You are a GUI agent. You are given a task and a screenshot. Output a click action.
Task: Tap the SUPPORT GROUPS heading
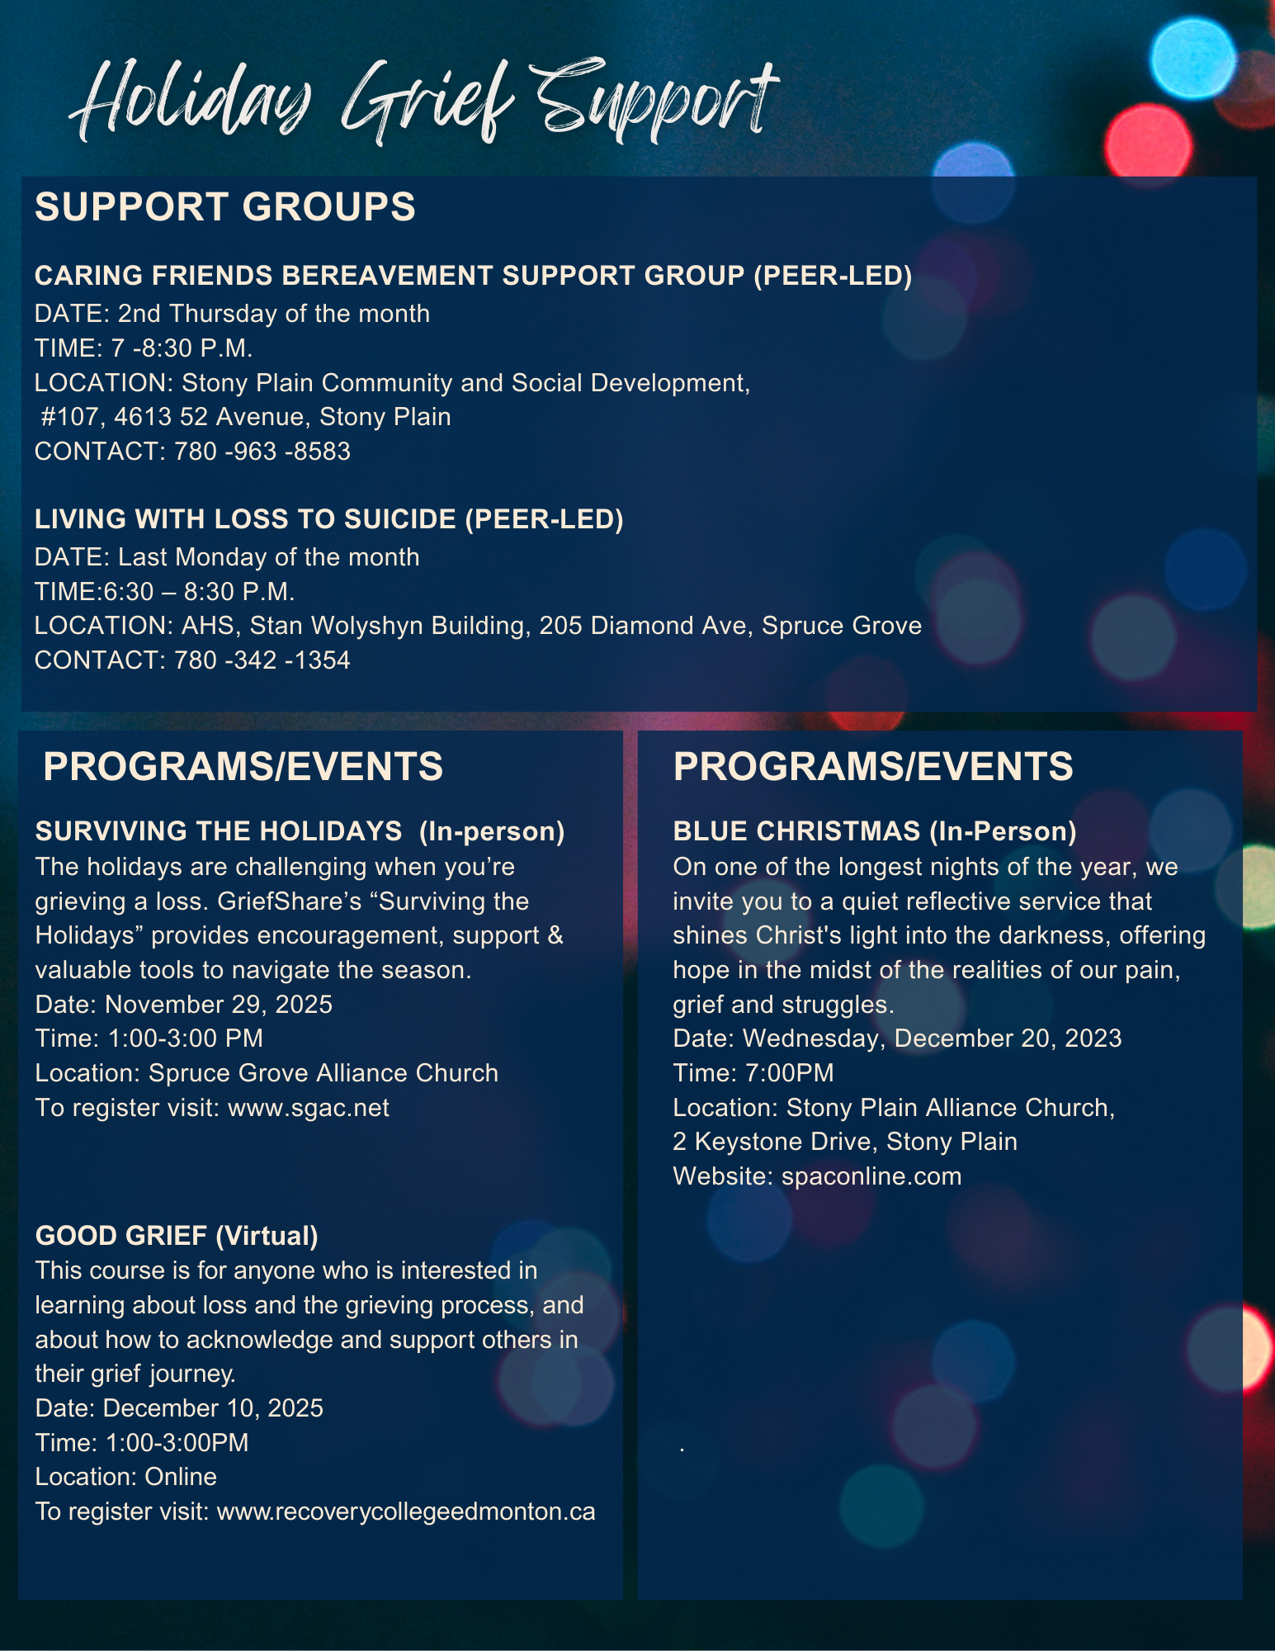coord(224,206)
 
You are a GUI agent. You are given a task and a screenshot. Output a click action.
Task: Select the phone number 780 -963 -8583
coord(262,452)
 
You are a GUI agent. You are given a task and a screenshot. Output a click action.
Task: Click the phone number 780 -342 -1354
coord(262,660)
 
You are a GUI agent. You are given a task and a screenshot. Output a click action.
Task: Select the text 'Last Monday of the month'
coord(268,557)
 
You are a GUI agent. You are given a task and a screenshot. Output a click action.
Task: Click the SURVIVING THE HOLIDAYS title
coord(219,831)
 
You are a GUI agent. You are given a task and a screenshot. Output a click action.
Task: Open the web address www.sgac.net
coord(309,1108)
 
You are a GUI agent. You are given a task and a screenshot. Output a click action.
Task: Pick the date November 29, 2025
coord(219,1005)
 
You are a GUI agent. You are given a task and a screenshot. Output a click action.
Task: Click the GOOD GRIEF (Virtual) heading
coord(177,1236)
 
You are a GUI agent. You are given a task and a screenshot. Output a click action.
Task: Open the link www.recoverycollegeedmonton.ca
coord(406,1511)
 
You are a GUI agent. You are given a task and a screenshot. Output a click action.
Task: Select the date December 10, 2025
coord(213,1408)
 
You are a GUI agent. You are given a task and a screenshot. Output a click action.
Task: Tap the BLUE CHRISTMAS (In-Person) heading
coord(875,831)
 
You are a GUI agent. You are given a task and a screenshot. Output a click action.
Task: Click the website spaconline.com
coord(871,1176)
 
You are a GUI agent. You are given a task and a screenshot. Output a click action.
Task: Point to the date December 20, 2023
coord(1008,1038)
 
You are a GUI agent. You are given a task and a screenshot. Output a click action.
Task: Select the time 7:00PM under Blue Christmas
coord(790,1073)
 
